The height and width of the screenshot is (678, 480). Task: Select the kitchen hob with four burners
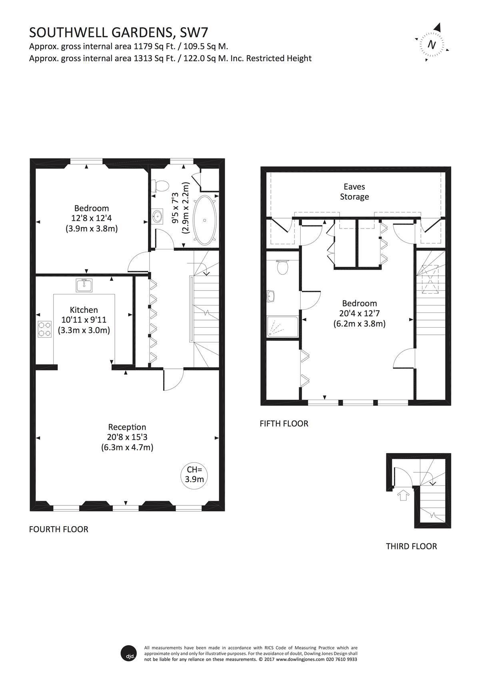point(44,330)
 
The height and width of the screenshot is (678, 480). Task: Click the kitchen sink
point(84,285)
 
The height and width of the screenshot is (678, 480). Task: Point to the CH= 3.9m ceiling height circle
point(194,474)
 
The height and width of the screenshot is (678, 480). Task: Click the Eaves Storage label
point(354,192)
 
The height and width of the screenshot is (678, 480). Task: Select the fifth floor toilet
point(282,267)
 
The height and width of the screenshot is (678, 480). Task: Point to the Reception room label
point(127,427)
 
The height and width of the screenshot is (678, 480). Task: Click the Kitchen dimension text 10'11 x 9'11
point(84,320)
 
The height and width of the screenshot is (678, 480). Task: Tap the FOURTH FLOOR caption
point(58,529)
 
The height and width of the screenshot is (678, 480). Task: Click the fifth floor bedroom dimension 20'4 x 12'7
point(359,313)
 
